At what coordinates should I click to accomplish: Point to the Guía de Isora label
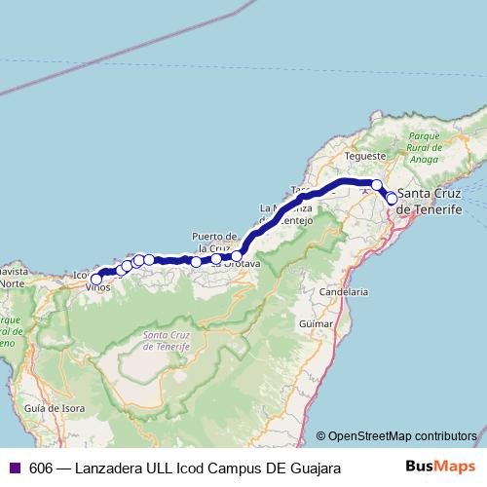point(49,409)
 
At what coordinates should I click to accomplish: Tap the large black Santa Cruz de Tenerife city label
point(431,201)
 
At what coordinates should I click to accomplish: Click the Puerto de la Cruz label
point(214,242)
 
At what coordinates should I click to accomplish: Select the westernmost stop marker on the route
point(95,280)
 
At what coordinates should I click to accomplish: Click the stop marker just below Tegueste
point(377,184)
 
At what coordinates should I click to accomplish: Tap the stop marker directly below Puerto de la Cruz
point(216,259)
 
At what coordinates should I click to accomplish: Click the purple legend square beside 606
point(15,468)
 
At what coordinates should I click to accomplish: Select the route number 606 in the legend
point(41,468)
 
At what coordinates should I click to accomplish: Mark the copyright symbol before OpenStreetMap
point(321,436)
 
